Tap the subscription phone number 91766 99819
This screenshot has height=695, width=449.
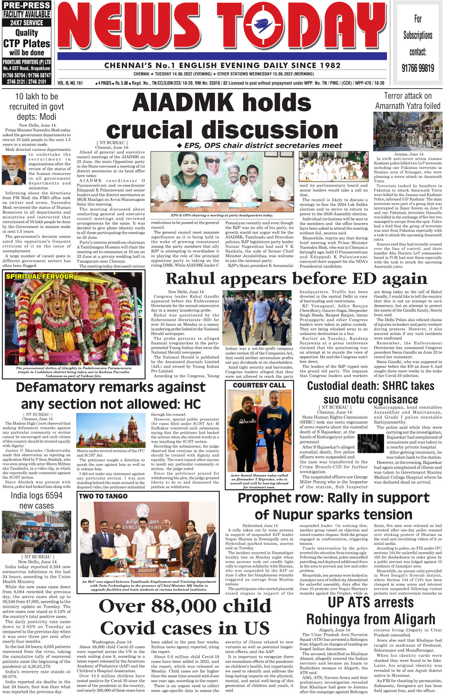click(x=418, y=68)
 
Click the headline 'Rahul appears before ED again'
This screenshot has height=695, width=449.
click(x=296, y=279)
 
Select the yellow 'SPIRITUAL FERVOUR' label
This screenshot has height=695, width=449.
click(x=40, y=277)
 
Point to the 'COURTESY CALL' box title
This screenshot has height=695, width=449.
click(x=259, y=385)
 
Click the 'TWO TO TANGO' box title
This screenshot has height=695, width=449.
click(x=103, y=496)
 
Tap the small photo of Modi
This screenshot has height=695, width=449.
click(x=14, y=170)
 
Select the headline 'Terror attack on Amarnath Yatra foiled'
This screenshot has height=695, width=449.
click(x=408, y=101)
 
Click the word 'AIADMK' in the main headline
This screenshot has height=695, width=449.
click(x=183, y=103)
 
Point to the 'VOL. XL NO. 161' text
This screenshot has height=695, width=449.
click(x=70, y=83)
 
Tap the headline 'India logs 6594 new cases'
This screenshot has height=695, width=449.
click(x=37, y=500)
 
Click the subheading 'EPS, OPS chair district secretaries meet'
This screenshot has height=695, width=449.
click(x=263, y=146)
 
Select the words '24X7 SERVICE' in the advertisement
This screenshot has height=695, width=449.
click(x=26, y=23)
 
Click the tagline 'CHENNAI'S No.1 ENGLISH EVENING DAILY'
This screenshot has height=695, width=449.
click(x=222, y=65)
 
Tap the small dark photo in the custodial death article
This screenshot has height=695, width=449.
click(x=370, y=443)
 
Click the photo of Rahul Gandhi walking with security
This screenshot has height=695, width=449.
click(x=257, y=318)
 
